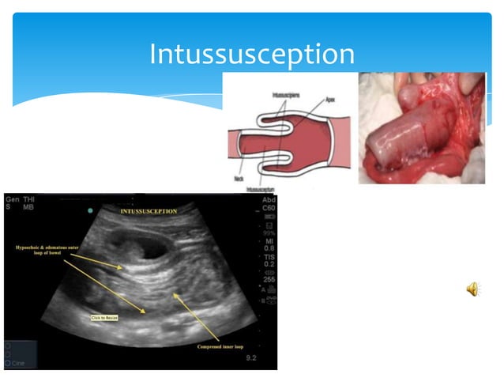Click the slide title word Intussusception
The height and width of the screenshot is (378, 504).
[x=252, y=55]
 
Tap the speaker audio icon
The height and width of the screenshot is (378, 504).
[x=472, y=290]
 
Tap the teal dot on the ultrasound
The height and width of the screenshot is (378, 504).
[x=92, y=210]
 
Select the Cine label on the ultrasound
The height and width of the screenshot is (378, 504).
[x=21, y=357]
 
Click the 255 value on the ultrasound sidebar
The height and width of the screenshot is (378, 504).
[x=269, y=279]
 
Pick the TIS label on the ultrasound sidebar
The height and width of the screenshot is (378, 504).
[x=269, y=256]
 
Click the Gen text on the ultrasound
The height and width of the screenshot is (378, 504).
[x=12, y=199]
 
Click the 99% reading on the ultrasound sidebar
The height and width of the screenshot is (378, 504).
[x=269, y=233]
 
